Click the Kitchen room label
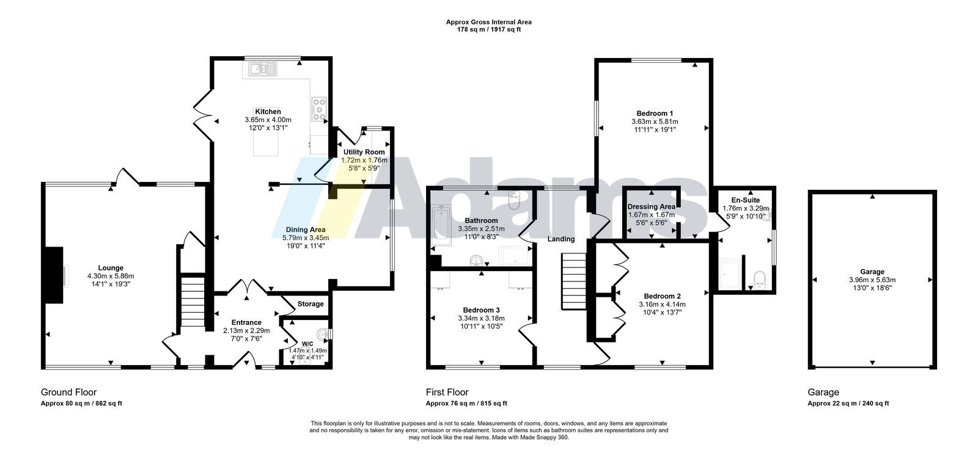point(268,112)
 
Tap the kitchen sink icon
point(263,69)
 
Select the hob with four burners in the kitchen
point(318,109)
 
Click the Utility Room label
point(364,152)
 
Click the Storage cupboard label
point(311,304)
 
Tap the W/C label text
point(307,344)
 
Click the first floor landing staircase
point(573,281)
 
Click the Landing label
point(561,239)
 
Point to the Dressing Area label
point(652,207)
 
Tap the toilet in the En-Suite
point(760,280)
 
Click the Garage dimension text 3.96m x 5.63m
point(872,280)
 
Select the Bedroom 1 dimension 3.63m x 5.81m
point(655,122)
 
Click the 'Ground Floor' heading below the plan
point(68,392)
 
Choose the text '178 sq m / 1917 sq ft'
point(489,30)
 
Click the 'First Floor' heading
point(447,392)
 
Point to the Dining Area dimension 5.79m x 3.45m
point(306,238)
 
